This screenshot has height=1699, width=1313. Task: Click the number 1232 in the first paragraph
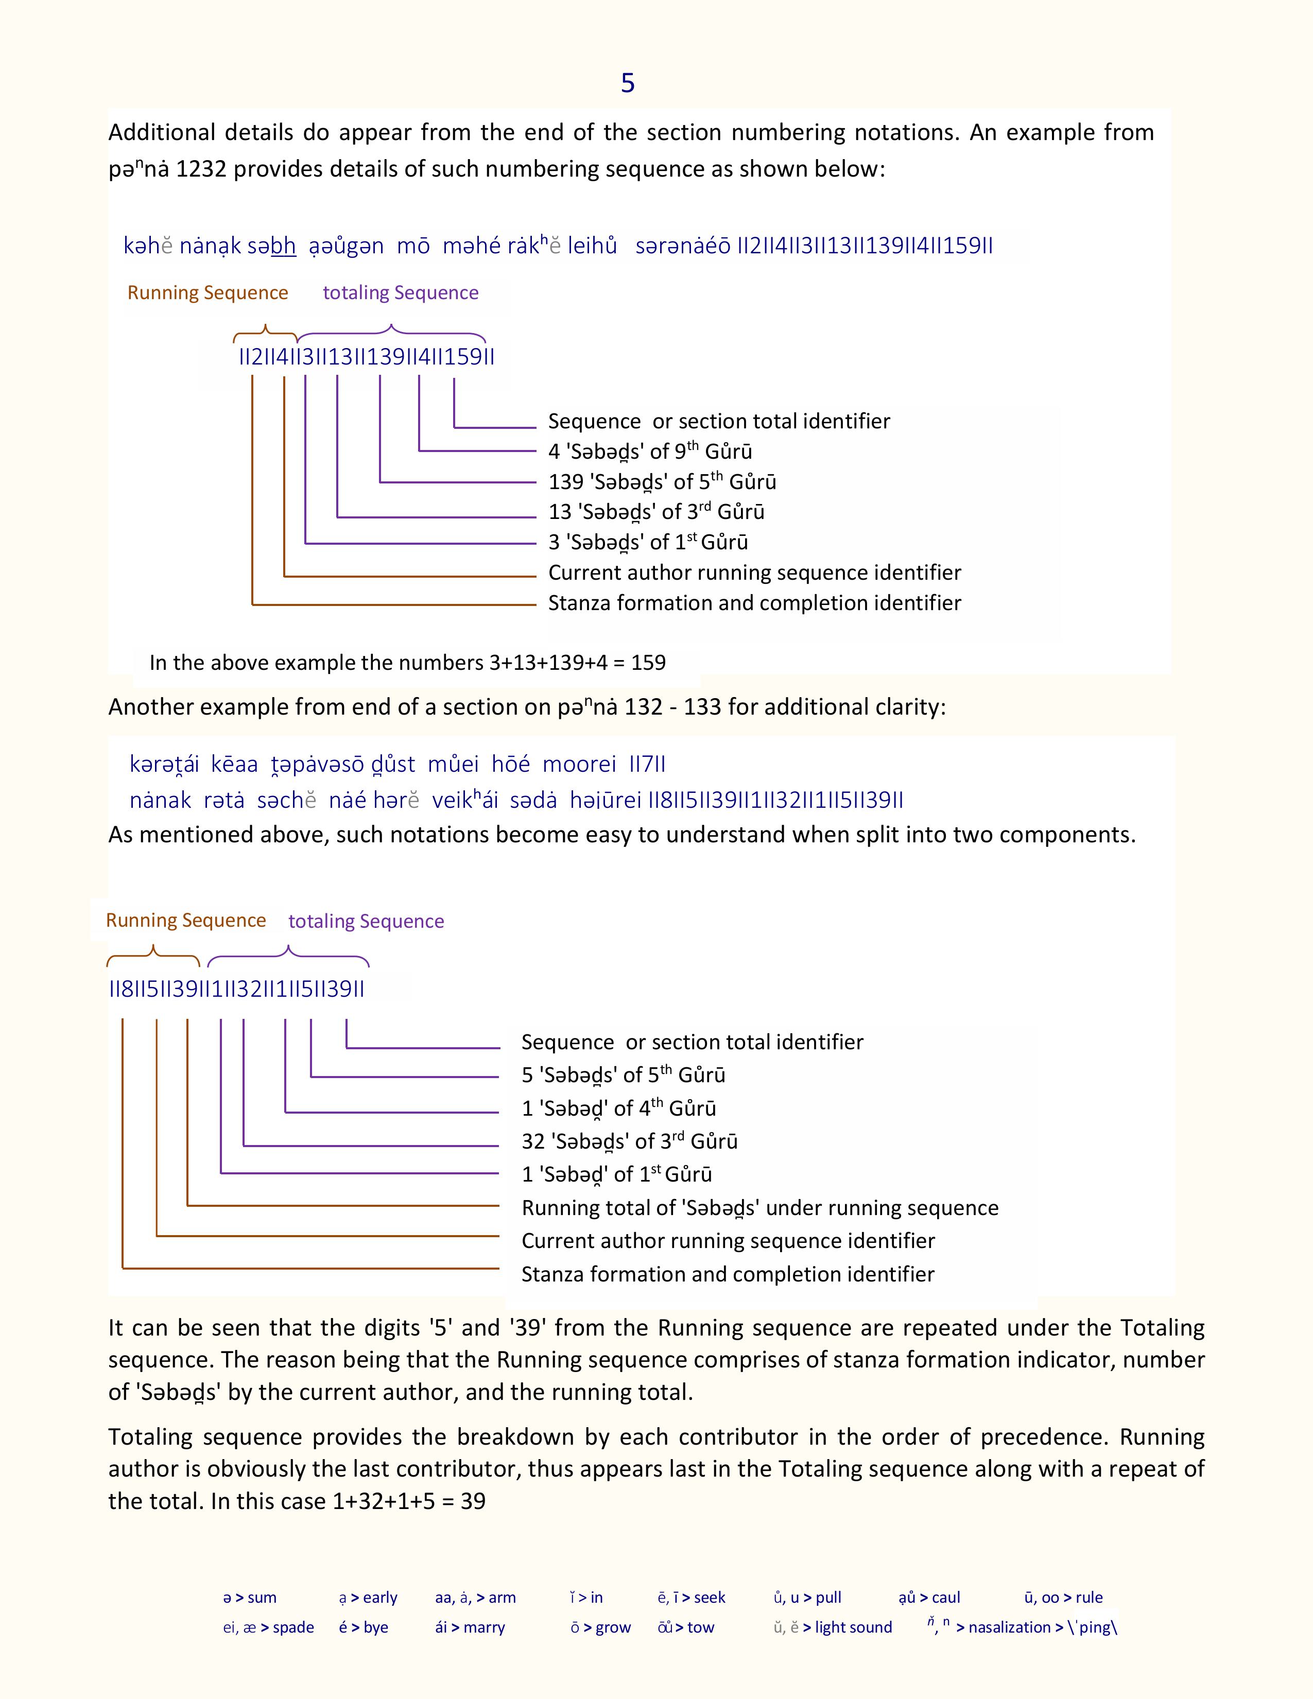pos(201,169)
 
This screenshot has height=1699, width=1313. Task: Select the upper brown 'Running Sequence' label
pos(208,292)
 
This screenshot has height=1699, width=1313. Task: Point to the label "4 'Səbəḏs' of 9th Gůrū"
pos(649,451)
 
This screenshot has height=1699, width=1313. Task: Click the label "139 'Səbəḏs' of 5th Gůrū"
pos(662,481)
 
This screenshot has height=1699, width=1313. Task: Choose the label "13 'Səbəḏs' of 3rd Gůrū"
pos(655,512)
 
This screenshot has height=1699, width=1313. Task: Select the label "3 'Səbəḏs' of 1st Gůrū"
pos(648,542)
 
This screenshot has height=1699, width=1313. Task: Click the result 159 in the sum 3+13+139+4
pos(648,663)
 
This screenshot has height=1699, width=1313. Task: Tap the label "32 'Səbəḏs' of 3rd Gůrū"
pos(629,1141)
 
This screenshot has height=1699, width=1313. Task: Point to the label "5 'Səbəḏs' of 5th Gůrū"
pos(623,1075)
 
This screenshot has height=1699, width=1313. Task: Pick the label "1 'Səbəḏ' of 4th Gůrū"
pos(618,1108)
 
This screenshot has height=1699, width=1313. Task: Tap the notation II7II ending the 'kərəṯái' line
pos(647,764)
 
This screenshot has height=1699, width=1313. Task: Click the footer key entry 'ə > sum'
pos(250,1597)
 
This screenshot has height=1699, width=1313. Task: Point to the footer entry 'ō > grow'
pos(600,1627)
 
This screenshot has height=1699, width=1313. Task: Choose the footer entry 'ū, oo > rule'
pos(1063,1597)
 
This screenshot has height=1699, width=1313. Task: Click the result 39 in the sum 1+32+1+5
pos(473,1501)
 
